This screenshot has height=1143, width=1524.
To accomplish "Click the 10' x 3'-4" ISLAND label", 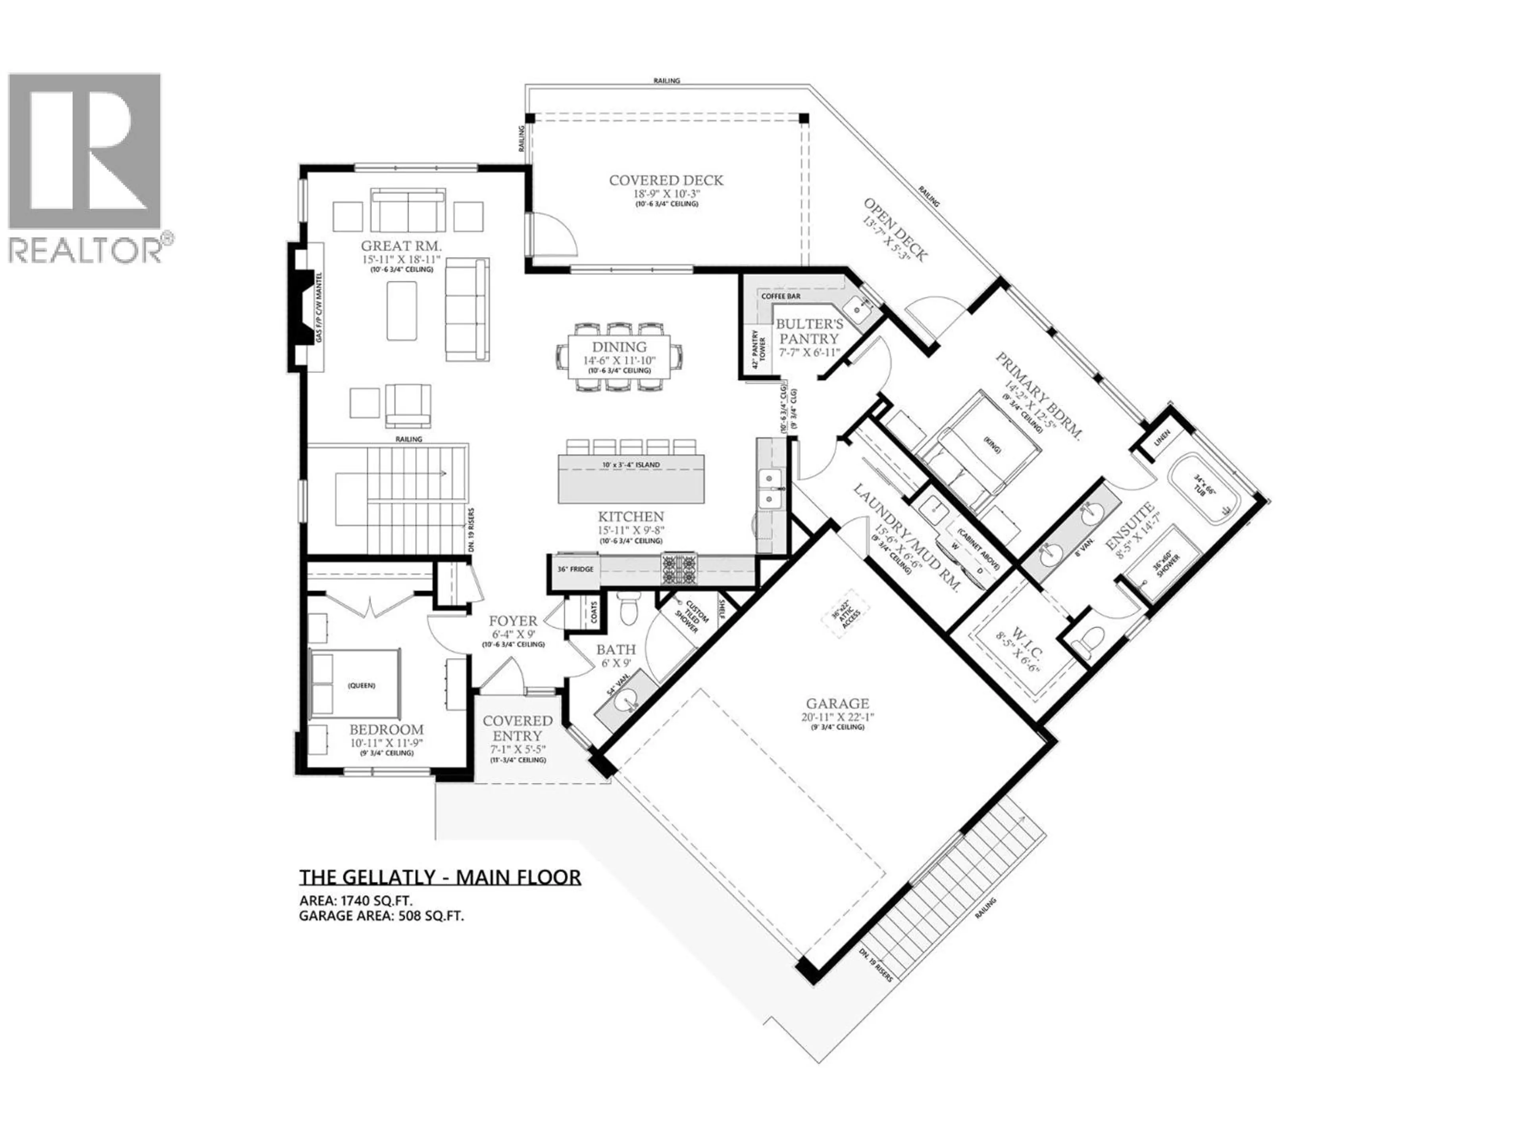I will click(x=631, y=465).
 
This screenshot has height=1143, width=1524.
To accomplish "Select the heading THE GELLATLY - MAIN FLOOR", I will click(x=440, y=877).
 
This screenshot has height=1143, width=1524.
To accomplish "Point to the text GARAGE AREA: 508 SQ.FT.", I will click(x=381, y=916).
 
